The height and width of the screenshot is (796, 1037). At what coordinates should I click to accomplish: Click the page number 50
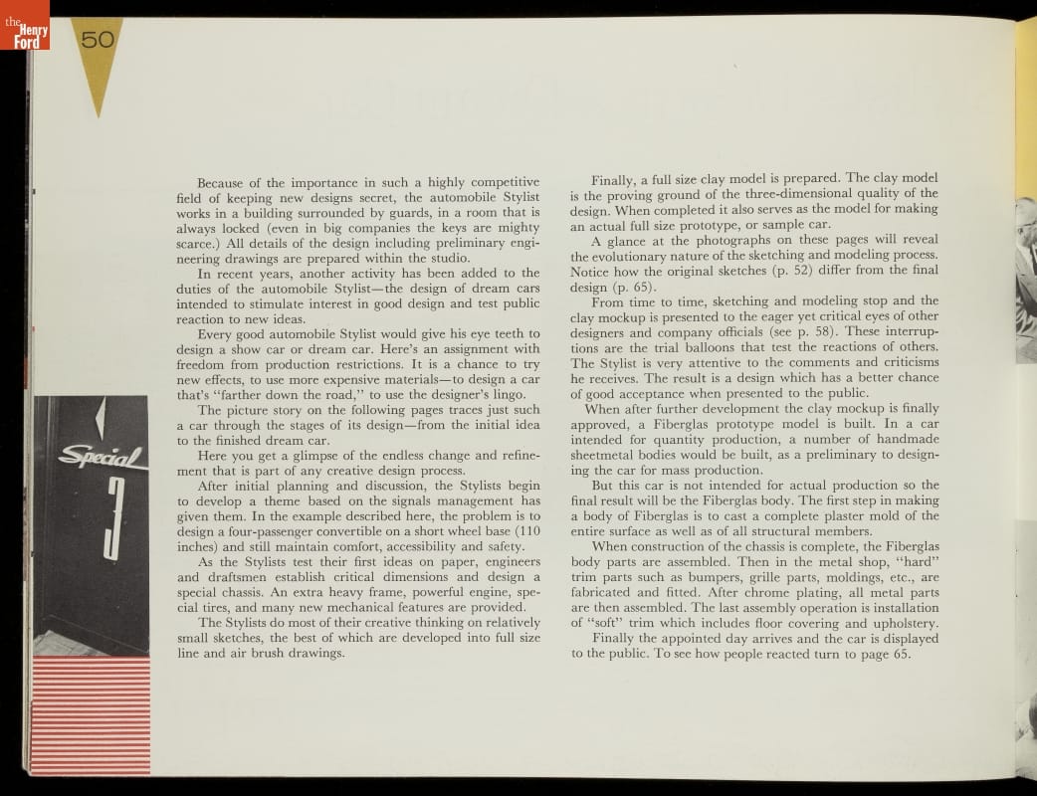(x=98, y=40)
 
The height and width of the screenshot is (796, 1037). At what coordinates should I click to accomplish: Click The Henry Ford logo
(x=24, y=25)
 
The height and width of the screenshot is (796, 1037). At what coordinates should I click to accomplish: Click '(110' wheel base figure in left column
(x=522, y=530)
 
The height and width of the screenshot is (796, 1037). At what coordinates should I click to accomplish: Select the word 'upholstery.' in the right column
(x=903, y=623)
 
